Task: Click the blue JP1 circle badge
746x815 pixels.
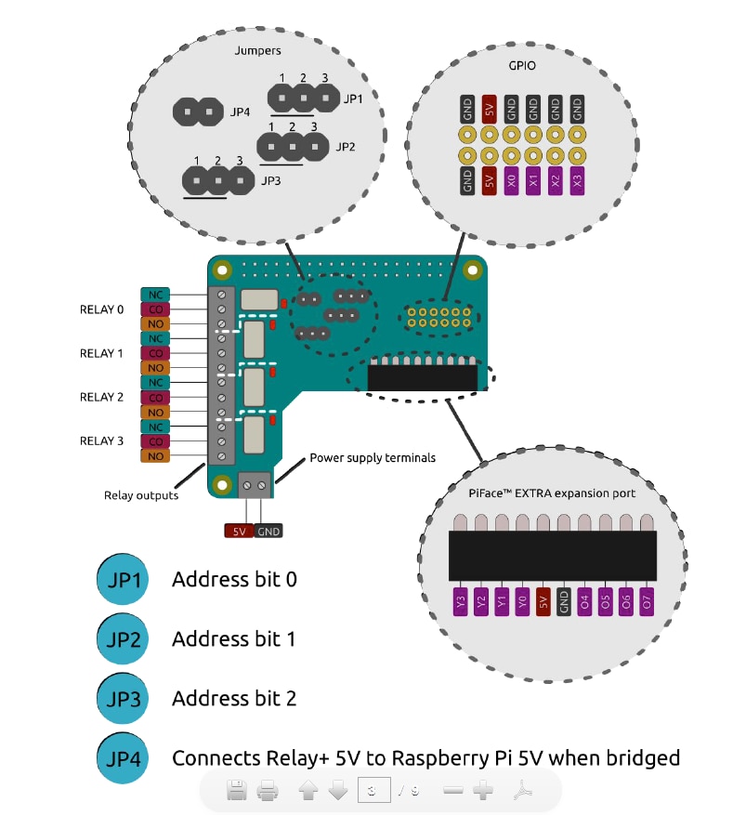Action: (x=124, y=579)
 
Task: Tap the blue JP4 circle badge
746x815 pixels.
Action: (x=124, y=758)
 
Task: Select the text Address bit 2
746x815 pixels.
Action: (x=234, y=698)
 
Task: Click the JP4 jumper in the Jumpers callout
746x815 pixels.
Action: (x=199, y=112)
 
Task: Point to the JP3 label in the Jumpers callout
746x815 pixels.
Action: (x=271, y=180)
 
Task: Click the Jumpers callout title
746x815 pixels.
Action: (x=258, y=51)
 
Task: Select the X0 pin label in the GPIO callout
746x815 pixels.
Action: (x=511, y=180)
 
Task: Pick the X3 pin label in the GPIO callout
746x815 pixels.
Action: (x=577, y=180)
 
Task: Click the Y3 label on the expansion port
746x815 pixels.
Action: (x=460, y=602)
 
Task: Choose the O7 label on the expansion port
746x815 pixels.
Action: (x=647, y=602)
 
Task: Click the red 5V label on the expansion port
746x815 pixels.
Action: (x=543, y=602)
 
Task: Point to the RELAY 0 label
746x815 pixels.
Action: (x=101, y=309)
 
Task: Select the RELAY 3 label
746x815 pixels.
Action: (x=101, y=440)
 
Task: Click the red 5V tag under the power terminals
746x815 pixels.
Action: (x=239, y=532)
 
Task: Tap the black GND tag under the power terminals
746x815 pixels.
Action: (x=268, y=532)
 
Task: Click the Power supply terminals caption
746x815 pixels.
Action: (x=373, y=457)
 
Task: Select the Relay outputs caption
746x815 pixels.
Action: (x=141, y=495)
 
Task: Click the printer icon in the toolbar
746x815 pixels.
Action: (x=268, y=792)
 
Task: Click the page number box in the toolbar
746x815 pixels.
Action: (x=373, y=791)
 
